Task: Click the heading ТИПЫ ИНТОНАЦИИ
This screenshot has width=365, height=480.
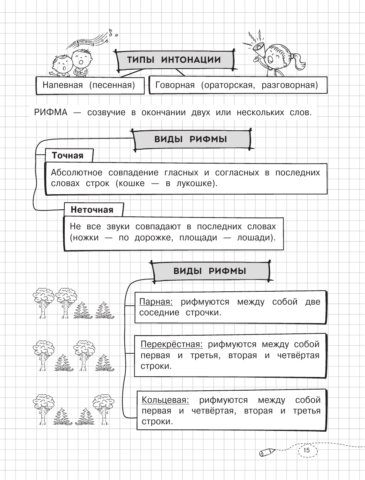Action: (174, 60)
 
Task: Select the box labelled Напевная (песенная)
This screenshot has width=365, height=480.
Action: (88, 85)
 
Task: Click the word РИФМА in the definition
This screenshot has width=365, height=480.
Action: (51, 112)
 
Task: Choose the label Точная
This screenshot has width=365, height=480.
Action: (68, 155)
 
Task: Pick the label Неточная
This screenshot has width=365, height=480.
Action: (92, 210)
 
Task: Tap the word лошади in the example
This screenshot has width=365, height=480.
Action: (257, 237)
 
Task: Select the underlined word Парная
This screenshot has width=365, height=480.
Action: (156, 302)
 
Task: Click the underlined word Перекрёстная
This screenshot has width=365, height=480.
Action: (172, 344)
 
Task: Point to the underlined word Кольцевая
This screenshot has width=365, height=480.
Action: (165, 400)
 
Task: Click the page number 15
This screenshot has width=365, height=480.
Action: (307, 450)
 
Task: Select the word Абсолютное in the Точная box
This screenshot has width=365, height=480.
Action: (77, 172)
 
